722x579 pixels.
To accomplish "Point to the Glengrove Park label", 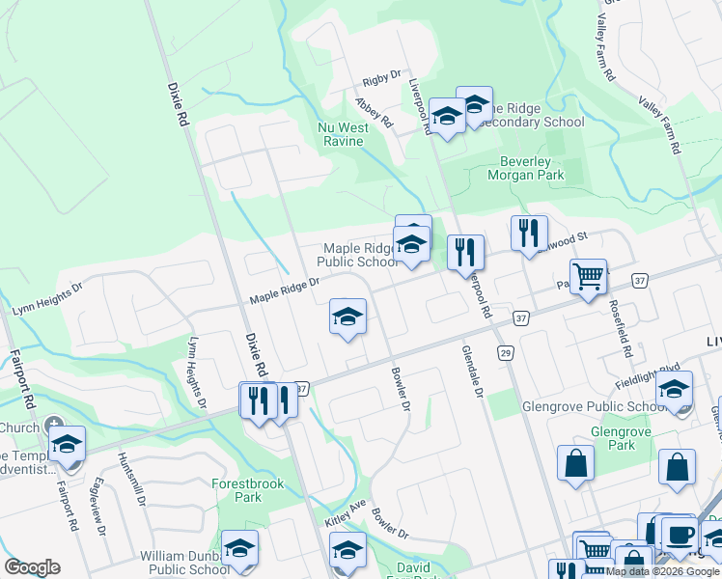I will click(614, 438).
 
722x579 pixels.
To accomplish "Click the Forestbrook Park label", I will click(236, 490).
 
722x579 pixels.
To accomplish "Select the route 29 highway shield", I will click(505, 355).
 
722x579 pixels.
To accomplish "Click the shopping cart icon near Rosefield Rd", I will click(588, 277).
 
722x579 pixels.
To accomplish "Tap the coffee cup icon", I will click(679, 534).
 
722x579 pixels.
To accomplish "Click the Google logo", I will click(32, 567).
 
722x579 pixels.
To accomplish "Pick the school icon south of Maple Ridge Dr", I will click(347, 317).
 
